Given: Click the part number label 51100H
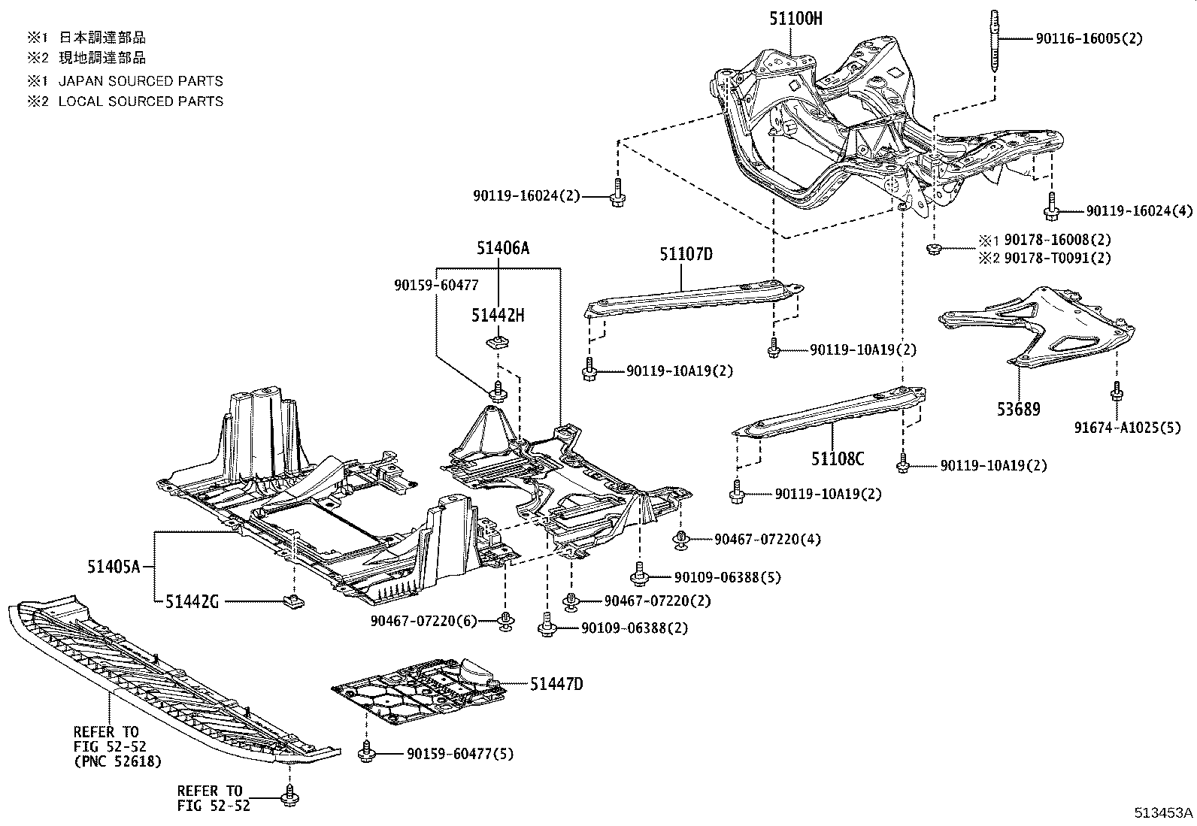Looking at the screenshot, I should [x=795, y=19].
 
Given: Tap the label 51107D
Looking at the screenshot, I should [x=686, y=254].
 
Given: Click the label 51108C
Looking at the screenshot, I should [x=837, y=458].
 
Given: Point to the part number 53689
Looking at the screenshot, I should [x=1020, y=410].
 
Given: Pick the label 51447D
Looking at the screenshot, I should [x=556, y=684].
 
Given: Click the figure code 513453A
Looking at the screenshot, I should [x=1163, y=813].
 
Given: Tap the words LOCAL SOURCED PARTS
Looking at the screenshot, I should [x=141, y=101].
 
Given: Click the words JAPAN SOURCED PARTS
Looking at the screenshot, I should [x=141, y=81].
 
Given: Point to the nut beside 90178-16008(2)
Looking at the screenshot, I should [x=934, y=248].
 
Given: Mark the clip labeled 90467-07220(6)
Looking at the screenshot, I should [x=506, y=620].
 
